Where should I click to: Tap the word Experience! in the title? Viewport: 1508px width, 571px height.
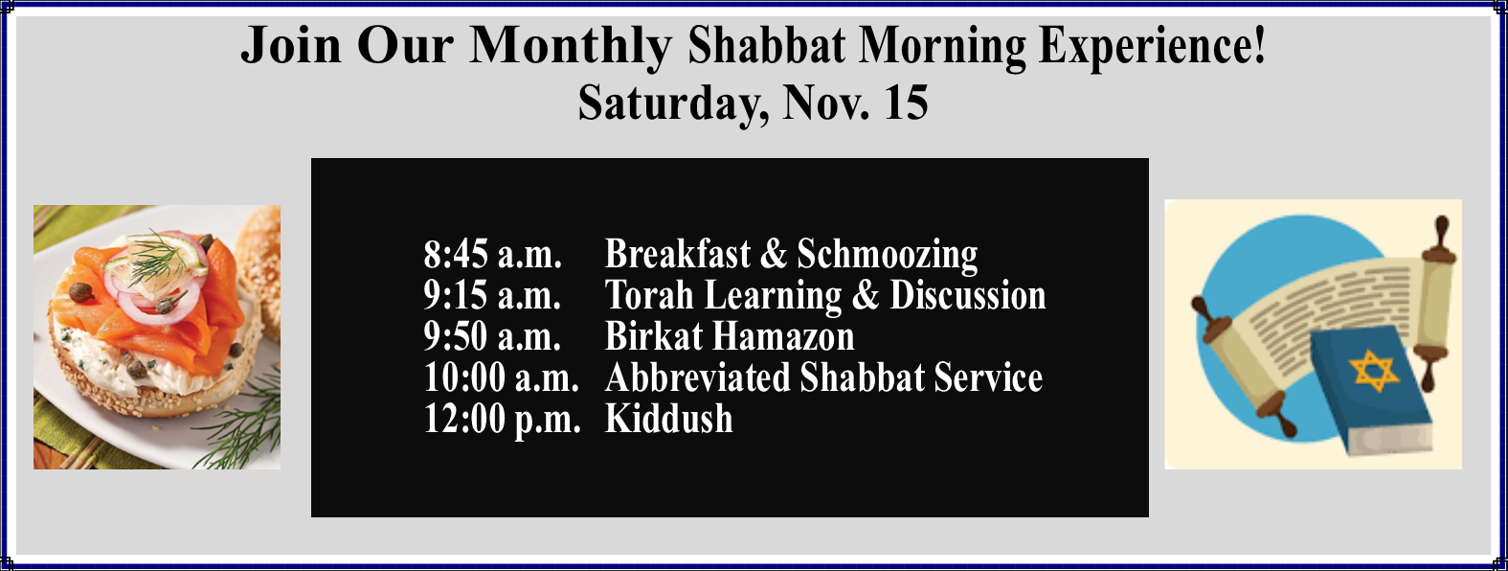point(1152,46)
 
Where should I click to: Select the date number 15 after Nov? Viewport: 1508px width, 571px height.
point(906,103)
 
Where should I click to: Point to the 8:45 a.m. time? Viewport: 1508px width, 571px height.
point(492,254)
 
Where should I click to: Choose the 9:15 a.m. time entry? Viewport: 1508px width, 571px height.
point(492,295)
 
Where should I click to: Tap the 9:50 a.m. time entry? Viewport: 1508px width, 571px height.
point(492,336)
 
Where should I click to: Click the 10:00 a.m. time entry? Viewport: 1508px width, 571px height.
point(501,377)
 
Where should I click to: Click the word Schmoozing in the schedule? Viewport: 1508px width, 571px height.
point(888,256)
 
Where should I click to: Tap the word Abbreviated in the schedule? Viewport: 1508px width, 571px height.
point(697,377)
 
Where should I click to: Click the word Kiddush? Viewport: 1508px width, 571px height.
point(668,418)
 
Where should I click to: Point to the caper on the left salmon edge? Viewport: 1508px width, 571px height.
point(80,292)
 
